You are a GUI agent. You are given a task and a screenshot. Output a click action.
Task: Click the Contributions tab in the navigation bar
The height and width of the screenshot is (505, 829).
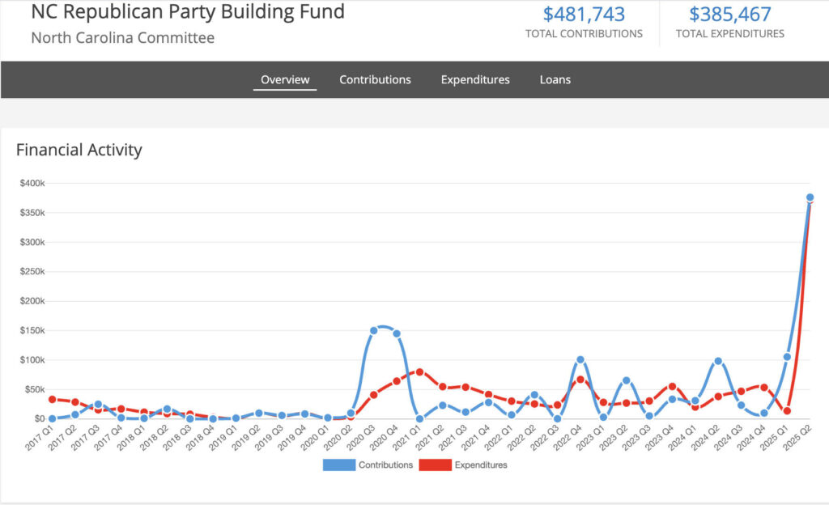[x=375, y=79]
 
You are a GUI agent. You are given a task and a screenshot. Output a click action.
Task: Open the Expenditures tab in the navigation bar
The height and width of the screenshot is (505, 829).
[x=475, y=79]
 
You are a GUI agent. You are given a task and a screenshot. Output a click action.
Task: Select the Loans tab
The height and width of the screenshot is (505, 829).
[x=555, y=79]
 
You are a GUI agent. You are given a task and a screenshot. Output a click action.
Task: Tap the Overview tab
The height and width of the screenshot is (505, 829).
[x=285, y=79]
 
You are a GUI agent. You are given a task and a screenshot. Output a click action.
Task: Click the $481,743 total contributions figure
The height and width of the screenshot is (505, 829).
[x=584, y=14]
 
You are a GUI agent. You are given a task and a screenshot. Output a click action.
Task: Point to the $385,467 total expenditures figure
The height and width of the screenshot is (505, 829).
[x=730, y=14]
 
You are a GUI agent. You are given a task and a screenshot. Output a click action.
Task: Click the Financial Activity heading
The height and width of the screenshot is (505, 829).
[x=79, y=150]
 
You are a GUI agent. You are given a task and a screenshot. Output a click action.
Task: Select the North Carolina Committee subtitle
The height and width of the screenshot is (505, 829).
[x=122, y=37]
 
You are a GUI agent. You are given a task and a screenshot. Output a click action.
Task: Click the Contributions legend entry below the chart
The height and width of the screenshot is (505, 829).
[x=368, y=465]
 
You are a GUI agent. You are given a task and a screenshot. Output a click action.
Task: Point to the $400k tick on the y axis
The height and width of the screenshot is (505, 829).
[x=32, y=184]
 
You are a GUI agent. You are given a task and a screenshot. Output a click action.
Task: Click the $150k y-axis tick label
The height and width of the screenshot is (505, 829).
[x=32, y=330]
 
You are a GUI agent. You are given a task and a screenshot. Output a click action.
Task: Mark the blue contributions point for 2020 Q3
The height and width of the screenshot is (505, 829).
[x=374, y=330]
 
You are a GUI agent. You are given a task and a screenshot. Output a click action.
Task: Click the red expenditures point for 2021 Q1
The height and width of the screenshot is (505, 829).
[x=419, y=371]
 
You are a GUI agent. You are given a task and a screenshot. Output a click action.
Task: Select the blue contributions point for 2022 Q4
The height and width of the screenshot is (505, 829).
[x=580, y=359]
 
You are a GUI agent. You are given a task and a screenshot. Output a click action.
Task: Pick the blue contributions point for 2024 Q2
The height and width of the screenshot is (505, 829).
[x=718, y=361]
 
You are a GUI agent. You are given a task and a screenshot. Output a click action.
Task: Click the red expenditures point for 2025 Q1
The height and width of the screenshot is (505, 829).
[x=787, y=411]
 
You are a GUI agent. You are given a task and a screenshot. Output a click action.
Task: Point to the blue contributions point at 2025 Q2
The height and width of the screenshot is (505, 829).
[x=810, y=197]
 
